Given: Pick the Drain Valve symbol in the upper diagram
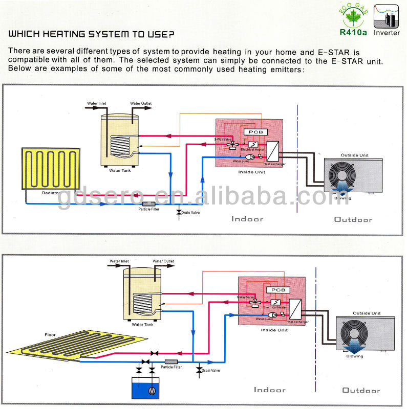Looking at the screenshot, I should pos(179,211).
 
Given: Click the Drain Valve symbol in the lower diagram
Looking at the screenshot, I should pos(199,369).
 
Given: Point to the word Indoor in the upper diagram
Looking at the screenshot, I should pos(247,219).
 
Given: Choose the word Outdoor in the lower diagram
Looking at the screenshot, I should pos(361,391).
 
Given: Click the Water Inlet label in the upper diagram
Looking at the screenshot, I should pos(97,104).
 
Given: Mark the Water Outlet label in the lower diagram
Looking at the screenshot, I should pos(163,261).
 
